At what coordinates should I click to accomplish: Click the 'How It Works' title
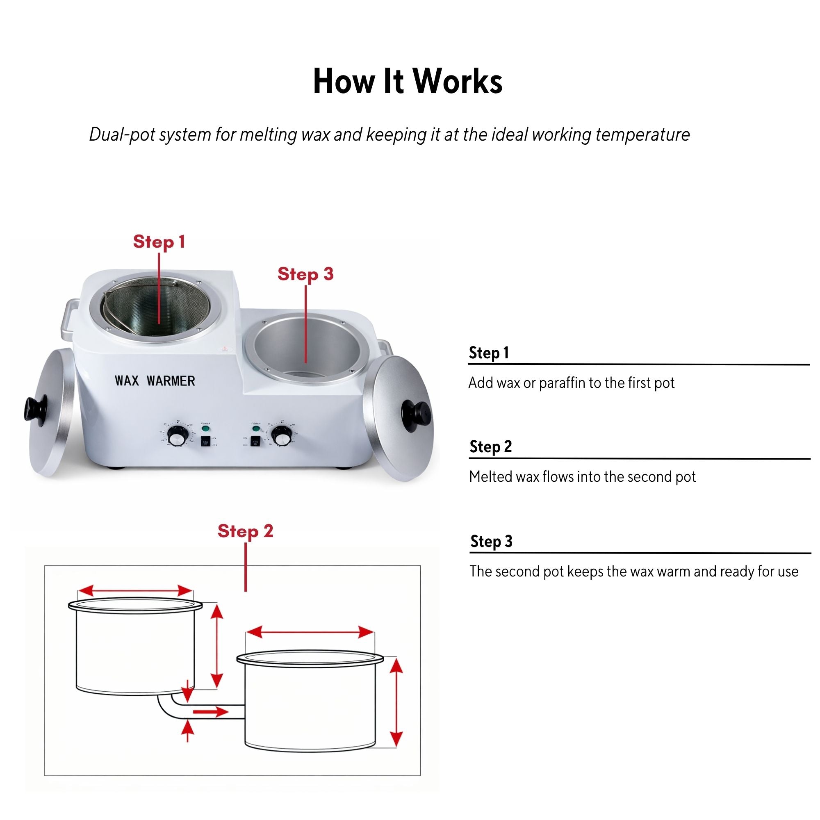[x=408, y=81]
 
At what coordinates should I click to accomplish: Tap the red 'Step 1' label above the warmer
[x=159, y=241]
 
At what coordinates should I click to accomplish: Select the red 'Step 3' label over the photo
[x=305, y=274]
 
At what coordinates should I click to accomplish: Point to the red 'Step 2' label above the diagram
[x=245, y=531]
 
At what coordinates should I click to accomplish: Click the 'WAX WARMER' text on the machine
[x=155, y=381]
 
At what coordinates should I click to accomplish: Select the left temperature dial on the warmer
[x=176, y=436]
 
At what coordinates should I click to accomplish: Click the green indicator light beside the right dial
[x=256, y=429]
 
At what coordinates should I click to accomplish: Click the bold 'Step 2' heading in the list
[x=491, y=446]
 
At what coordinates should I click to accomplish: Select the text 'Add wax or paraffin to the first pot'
[x=571, y=383]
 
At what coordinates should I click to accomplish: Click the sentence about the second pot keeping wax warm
[x=634, y=571]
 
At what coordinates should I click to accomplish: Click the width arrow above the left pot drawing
[x=135, y=590]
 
